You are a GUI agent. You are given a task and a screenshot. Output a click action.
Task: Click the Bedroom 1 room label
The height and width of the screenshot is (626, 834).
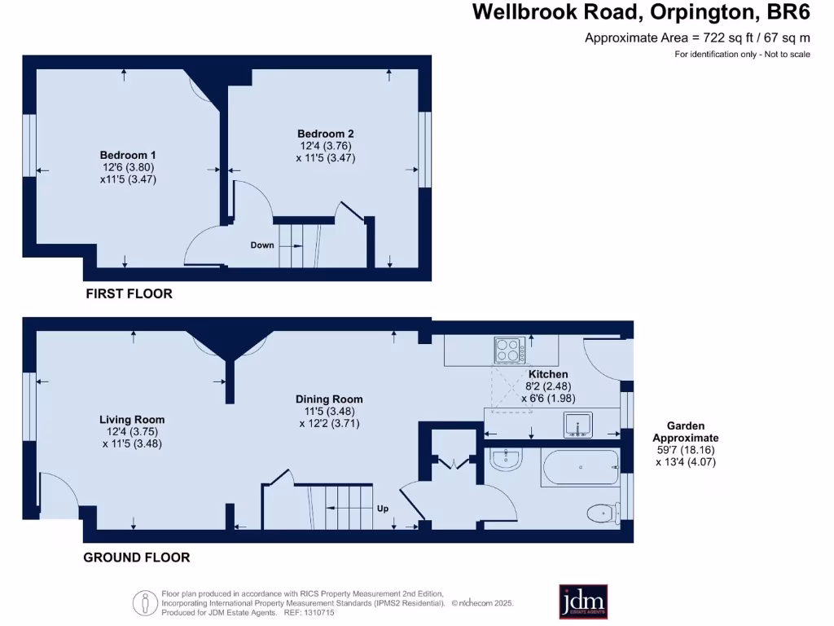coord(128,155)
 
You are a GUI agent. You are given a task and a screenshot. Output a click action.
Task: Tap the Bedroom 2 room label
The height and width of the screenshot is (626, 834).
coord(325,134)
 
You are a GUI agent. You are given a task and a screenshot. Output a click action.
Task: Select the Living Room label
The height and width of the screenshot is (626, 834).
coord(132,420)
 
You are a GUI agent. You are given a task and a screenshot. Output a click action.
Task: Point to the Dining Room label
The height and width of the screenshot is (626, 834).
coord(329,399)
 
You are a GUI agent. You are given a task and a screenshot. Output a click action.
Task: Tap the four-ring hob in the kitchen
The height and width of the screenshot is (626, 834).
coord(509,350)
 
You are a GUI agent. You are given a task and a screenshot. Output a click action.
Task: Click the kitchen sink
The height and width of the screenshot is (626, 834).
coord(578,425)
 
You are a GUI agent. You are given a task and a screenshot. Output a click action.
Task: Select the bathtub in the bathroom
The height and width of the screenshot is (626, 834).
coord(580,468)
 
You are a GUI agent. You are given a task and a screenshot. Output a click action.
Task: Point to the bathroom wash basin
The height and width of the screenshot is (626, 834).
coord(507,461)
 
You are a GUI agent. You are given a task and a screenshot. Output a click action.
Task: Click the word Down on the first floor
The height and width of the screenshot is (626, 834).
coord(262,245)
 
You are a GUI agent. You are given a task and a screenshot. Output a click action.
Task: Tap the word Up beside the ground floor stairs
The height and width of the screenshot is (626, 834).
coord(383,509)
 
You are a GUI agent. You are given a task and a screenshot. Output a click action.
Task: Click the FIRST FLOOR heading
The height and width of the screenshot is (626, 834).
coord(129,293)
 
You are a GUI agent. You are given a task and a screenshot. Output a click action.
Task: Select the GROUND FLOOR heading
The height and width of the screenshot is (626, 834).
coord(137,558)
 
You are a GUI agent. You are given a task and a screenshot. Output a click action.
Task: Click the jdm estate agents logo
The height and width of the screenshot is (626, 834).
coord(582,602)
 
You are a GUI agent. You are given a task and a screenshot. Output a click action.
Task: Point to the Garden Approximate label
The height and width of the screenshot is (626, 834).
coord(686,431)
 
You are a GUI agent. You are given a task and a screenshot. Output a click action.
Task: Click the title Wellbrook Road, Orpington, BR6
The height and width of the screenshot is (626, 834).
coord(641,12)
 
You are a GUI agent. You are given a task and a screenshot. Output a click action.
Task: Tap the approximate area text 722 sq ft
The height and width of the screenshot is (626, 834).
coord(697,37)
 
